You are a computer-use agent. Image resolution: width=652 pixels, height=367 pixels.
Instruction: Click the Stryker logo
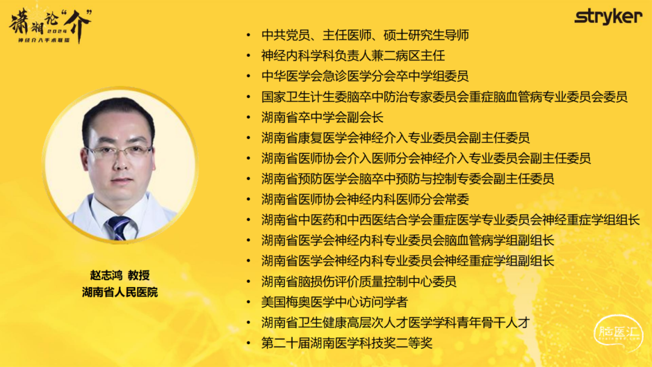coord(609,17)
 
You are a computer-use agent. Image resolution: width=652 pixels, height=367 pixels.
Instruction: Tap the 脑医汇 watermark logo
coord(618,333)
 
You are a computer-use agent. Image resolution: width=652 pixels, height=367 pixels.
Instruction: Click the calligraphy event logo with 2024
coord(50,25)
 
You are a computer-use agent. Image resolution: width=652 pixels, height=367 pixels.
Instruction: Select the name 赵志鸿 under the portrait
coord(106,275)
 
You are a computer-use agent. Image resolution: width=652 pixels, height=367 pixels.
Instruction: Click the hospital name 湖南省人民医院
coord(120,292)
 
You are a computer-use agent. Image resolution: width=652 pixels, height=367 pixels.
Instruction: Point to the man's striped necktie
coord(119,227)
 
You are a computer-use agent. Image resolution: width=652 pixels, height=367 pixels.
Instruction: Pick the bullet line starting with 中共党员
coord(365,36)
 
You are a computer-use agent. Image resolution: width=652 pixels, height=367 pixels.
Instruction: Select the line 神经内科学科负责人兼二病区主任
coord(353,56)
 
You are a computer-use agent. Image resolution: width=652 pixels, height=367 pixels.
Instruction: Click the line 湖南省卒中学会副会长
coord(322,117)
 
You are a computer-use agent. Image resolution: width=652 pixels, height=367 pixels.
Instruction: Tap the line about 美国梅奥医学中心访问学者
coord(334,302)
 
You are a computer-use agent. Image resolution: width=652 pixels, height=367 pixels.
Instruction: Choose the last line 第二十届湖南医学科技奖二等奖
coord(347,343)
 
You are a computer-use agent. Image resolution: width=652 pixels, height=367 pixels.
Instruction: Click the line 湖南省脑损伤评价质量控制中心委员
coord(359,282)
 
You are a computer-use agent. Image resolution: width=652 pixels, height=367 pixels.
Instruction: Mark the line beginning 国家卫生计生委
coord(444,97)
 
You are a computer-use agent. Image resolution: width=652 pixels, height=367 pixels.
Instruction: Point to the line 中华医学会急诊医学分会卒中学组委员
coord(365,76)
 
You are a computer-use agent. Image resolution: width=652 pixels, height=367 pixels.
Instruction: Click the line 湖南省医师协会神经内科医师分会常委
coord(365,200)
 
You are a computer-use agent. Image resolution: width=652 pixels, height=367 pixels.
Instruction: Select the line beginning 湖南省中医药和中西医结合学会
coord(450,220)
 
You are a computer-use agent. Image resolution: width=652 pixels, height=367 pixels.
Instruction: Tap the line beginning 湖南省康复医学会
coord(395,138)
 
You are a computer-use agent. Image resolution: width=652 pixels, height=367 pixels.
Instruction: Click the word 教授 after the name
coord(139,275)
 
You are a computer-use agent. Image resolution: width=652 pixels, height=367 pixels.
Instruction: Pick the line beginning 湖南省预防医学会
coord(407,179)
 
